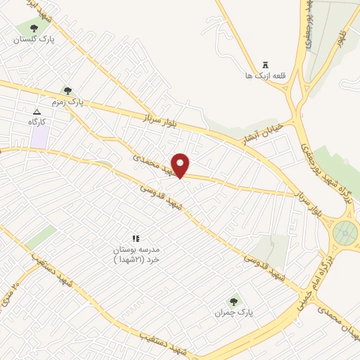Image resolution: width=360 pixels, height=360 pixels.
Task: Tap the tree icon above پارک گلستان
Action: (34, 28)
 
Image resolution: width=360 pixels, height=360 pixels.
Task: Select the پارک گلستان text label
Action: (34, 40)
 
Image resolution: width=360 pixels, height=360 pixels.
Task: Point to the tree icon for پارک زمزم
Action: (67, 91)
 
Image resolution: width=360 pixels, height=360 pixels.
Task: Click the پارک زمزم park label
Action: (66, 102)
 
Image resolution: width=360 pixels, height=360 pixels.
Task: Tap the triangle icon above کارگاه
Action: (37, 111)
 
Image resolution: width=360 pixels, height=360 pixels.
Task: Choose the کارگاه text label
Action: (37, 122)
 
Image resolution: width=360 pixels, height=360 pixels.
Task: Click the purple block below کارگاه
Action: (39, 137)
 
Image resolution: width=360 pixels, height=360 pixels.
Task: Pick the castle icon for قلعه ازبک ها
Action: (264, 64)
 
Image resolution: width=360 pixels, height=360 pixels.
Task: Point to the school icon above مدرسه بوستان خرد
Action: (136, 238)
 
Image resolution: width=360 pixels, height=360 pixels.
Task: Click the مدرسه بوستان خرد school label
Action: (138, 255)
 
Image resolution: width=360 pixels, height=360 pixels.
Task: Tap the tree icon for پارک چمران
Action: (234, 300)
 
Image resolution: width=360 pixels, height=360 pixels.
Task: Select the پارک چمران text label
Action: (233, 311)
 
